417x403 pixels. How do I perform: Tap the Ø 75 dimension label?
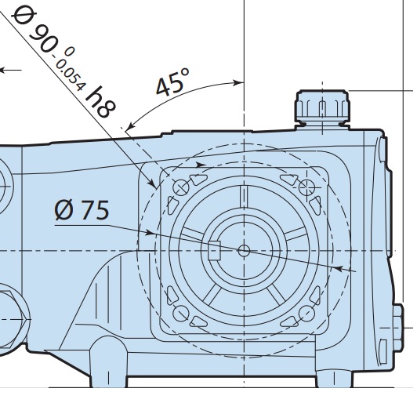[82, 210]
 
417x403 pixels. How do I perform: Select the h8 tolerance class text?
[100, 102]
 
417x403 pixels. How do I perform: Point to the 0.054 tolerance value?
[71, 75]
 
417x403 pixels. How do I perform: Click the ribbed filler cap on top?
[322, 108]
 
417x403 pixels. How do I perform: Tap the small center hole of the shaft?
[244, 251]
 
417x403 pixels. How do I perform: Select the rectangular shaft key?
[214, 250]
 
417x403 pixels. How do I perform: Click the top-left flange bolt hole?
[181, 187]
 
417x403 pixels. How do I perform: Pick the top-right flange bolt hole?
[307, 187]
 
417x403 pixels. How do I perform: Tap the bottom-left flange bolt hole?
[181, 314]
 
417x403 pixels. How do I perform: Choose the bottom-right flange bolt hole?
[307, 314]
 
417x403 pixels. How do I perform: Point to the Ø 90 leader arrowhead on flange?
[152, 183]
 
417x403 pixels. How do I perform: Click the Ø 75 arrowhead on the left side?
[150, 233]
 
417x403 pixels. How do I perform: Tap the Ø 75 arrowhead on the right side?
[339, 268]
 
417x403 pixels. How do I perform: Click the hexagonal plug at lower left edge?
[13, 319]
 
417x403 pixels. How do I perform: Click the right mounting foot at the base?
[334, 378]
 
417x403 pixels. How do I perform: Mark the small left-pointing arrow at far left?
[11, 71]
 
